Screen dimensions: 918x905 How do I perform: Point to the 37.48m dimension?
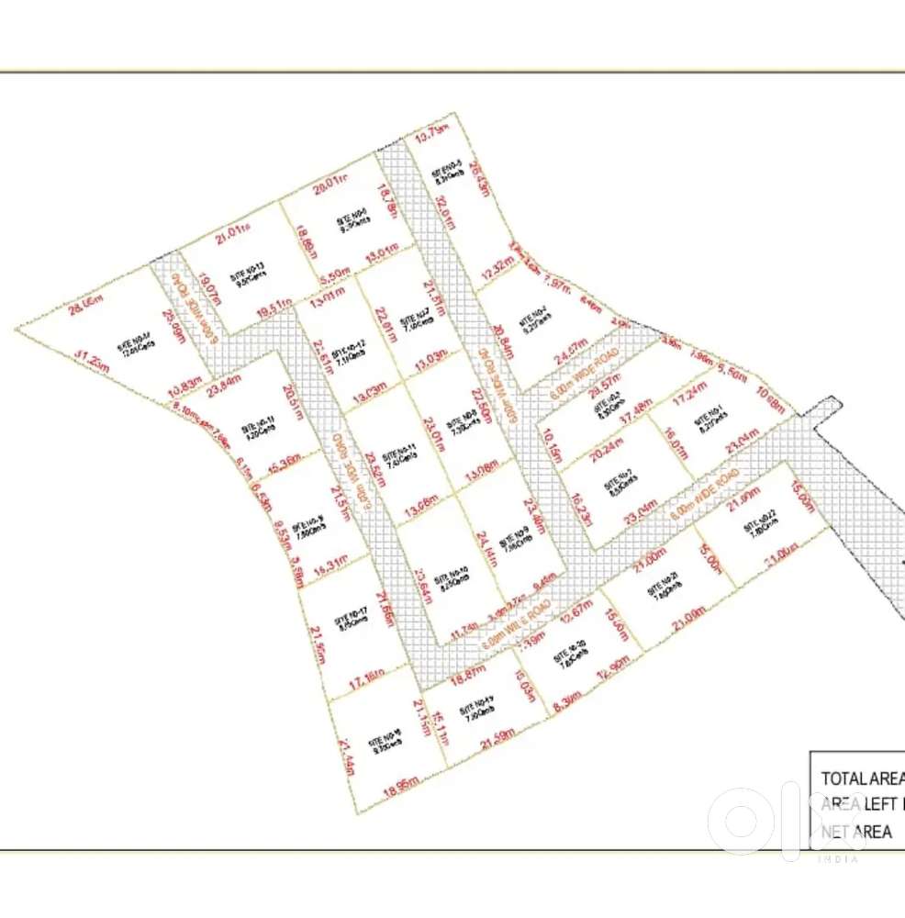[636, 406]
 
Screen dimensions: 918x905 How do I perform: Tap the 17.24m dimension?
[690, 400]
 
